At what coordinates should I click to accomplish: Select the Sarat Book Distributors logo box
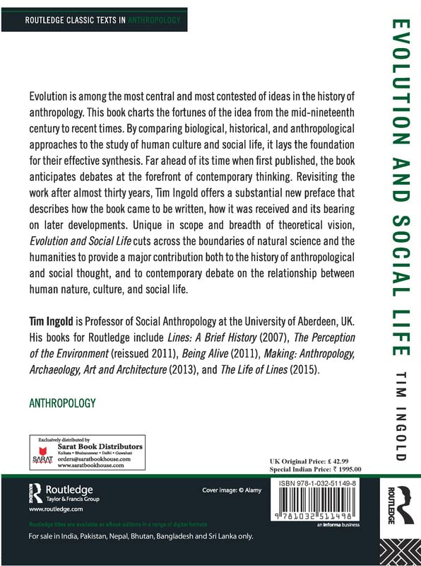coord(87,454)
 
